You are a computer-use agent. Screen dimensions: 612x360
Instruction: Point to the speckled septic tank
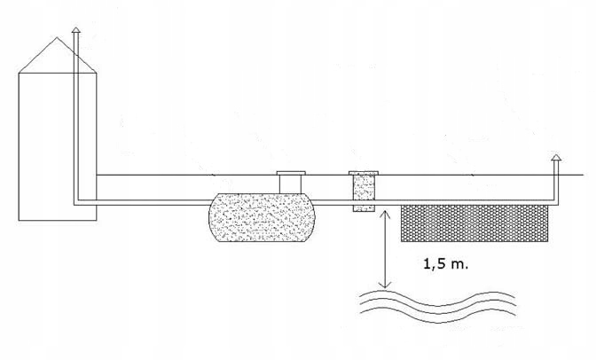pyautogui.click(x=261, y=218)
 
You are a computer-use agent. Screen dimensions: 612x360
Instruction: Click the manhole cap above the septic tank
pyautogui.click(x=290, y=172)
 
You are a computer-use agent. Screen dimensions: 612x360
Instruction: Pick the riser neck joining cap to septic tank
pyautogui.click(x=290, y=184)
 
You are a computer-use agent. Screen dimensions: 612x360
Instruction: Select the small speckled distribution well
pyautogui.click(x=364, y=192)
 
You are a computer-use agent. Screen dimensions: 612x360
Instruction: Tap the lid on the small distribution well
pyautogui.click(x=364, y=172)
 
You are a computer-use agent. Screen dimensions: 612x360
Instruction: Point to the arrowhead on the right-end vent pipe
pyautogui.click(x=556, y=158)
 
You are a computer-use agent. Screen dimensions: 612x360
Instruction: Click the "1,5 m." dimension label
pyautogui.click(x=441, y=263)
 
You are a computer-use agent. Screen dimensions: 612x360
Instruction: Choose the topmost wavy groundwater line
pyautogui.click(x=435, y=293)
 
